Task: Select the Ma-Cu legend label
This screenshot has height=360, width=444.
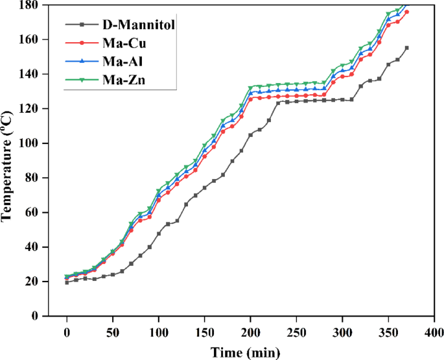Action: tap(123, 43)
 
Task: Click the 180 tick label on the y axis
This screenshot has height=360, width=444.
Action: tap(31, 5)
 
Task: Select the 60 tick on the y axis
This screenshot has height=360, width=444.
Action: tap(34, 212)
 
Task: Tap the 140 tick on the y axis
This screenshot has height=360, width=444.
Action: tap(31, 74)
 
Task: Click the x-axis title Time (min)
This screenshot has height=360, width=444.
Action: tap(245, 352)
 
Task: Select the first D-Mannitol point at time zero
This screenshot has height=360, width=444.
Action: tap(67, 282)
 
